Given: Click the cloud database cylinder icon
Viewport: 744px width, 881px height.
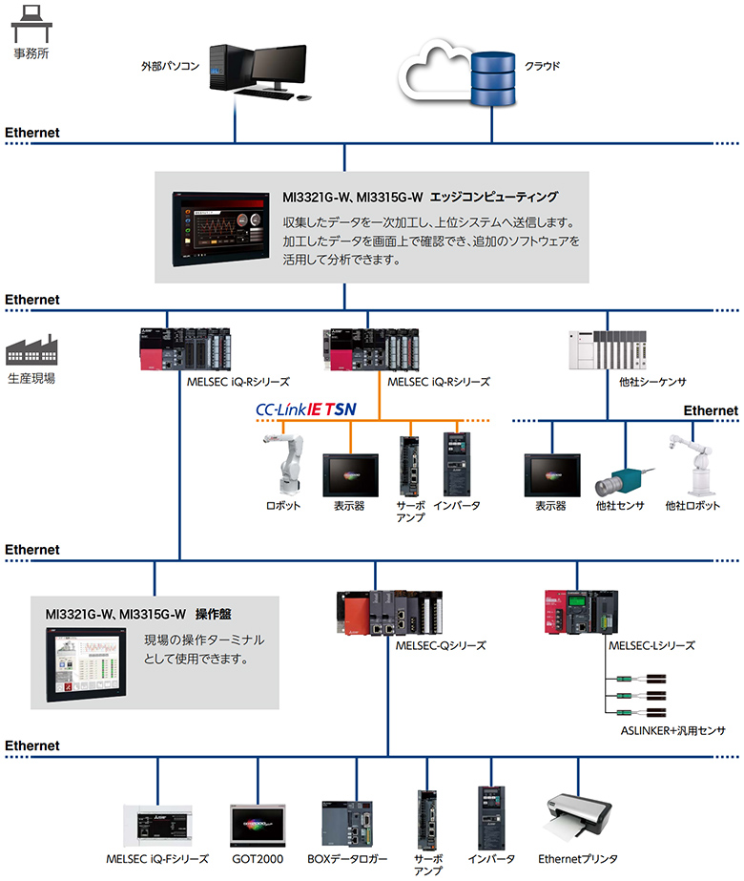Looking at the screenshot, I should (x=492, y=77).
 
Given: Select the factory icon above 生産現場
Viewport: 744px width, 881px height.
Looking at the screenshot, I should (x=31, y=350).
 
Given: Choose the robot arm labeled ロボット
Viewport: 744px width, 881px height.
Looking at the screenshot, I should (x=283, y=465).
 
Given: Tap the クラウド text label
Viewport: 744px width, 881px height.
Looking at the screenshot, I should (x=542, y=67).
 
